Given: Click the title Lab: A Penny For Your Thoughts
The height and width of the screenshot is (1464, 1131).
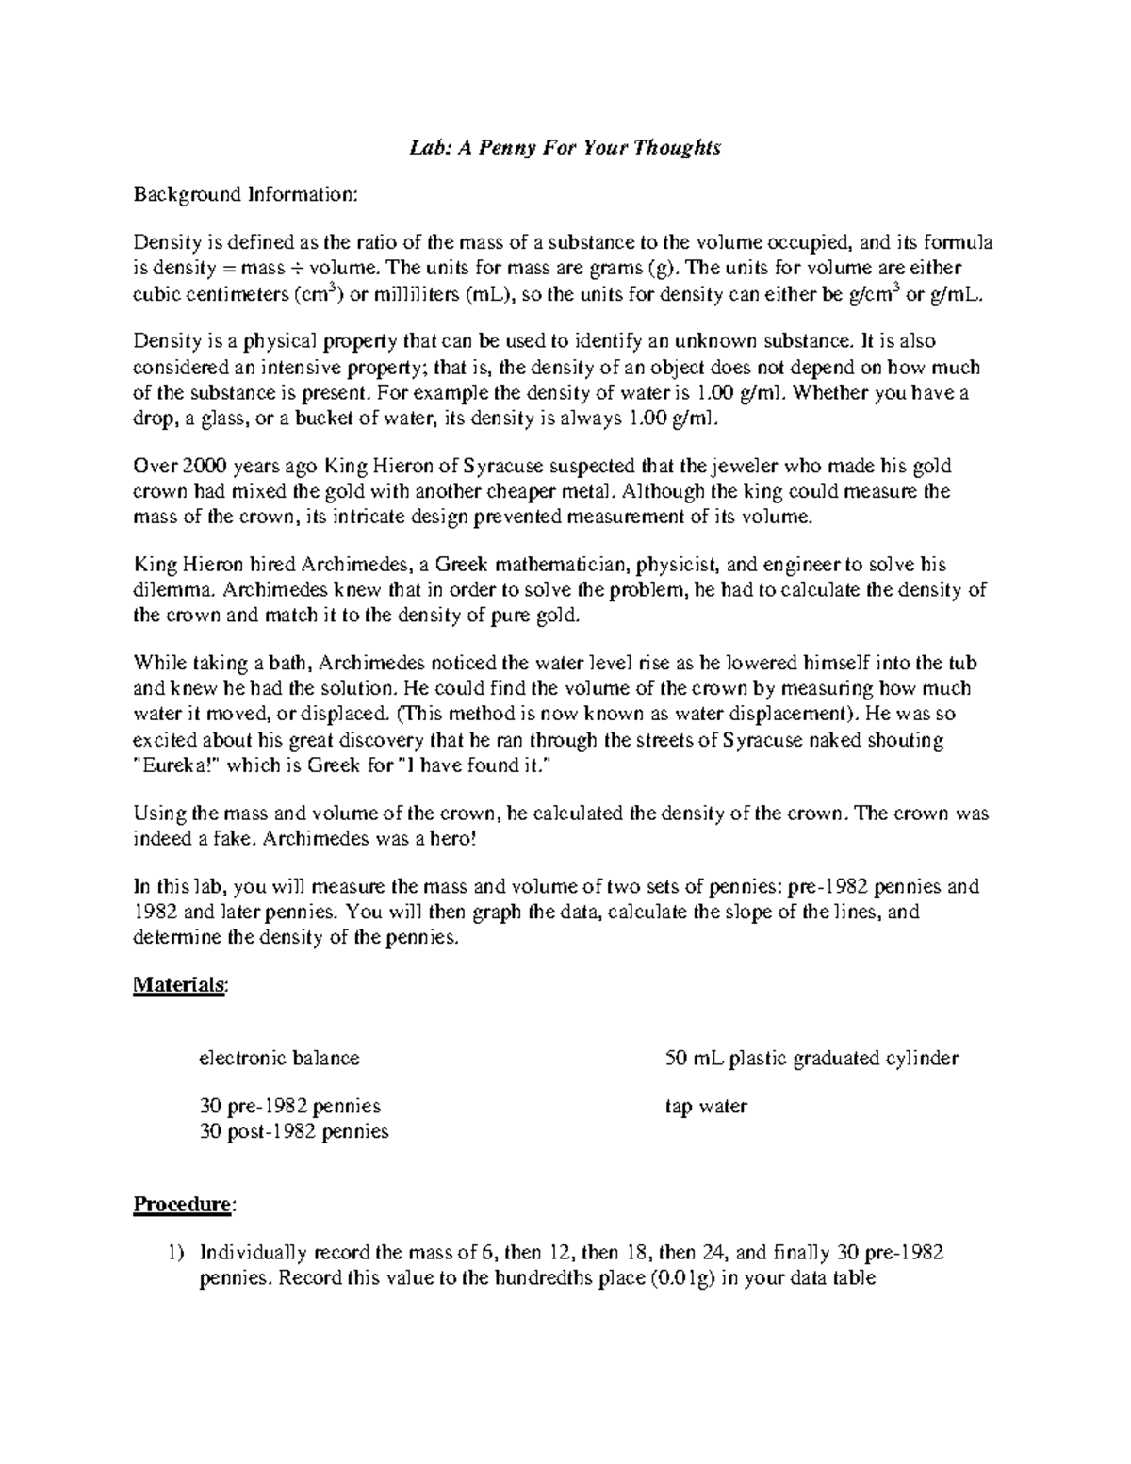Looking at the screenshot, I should point(565,148).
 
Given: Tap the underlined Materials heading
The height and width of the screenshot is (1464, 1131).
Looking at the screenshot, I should point(179,984).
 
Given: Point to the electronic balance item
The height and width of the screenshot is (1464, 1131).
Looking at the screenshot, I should point(279,1058).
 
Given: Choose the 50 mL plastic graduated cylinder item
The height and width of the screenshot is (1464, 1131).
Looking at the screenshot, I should point(811,1058).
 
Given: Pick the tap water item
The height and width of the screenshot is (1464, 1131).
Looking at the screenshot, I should point(706,1107).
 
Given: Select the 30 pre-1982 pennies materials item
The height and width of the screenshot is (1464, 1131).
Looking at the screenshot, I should point(290,1107).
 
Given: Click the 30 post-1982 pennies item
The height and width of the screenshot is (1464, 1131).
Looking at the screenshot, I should point(294,1131).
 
